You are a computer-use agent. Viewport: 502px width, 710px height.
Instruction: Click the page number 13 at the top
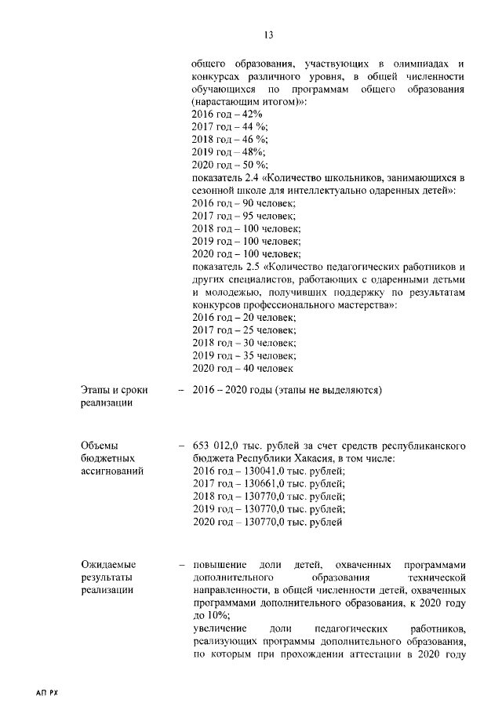click(x=268, y=35)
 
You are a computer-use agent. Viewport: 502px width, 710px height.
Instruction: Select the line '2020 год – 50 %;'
click(x=230, y=165)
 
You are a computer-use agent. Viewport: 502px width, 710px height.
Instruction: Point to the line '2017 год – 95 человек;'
click(x=243, y=216)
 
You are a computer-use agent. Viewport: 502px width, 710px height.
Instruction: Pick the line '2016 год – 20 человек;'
click(x=243, y=317)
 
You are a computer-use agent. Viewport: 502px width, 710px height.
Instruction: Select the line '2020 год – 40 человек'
click(x=242, y=367)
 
